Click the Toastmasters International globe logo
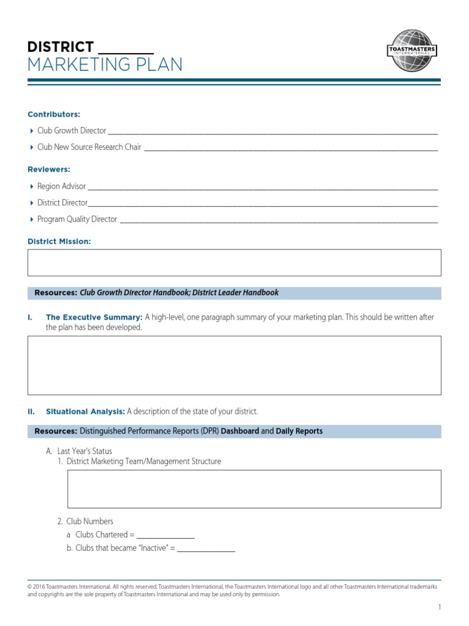412,51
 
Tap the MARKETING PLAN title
105,65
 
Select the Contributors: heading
54,114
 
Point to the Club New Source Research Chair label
89,147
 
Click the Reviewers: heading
49,169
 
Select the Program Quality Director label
77,219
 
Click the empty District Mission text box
234,263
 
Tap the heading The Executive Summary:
94,317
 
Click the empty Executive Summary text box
234,365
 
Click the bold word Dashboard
239,432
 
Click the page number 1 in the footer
439,607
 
